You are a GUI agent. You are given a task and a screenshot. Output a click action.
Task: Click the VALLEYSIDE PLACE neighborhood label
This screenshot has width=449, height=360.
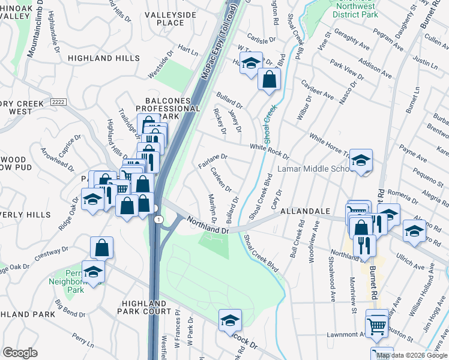[x=161, y=18]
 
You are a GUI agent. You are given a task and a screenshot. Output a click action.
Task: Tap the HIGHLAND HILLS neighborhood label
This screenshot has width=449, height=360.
[x=98, y=58]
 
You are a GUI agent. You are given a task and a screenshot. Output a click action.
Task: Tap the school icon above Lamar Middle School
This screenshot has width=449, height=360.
[x=361, y=160]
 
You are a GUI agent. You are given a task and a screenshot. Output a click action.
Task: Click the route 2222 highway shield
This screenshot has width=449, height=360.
[x=58, y=103]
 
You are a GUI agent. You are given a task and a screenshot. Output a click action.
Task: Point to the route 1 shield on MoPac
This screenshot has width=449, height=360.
[x=157, y=220]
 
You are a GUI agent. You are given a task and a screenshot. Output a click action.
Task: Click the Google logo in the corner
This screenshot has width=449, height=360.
[x=20, y=353]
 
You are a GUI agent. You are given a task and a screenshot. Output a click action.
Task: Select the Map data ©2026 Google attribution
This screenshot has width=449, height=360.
[x=412, y=355]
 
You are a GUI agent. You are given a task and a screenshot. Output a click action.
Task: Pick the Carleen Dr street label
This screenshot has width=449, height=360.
[x=221, y=178]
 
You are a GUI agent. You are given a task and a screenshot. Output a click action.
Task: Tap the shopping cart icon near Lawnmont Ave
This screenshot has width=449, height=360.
[x=377, y=326]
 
